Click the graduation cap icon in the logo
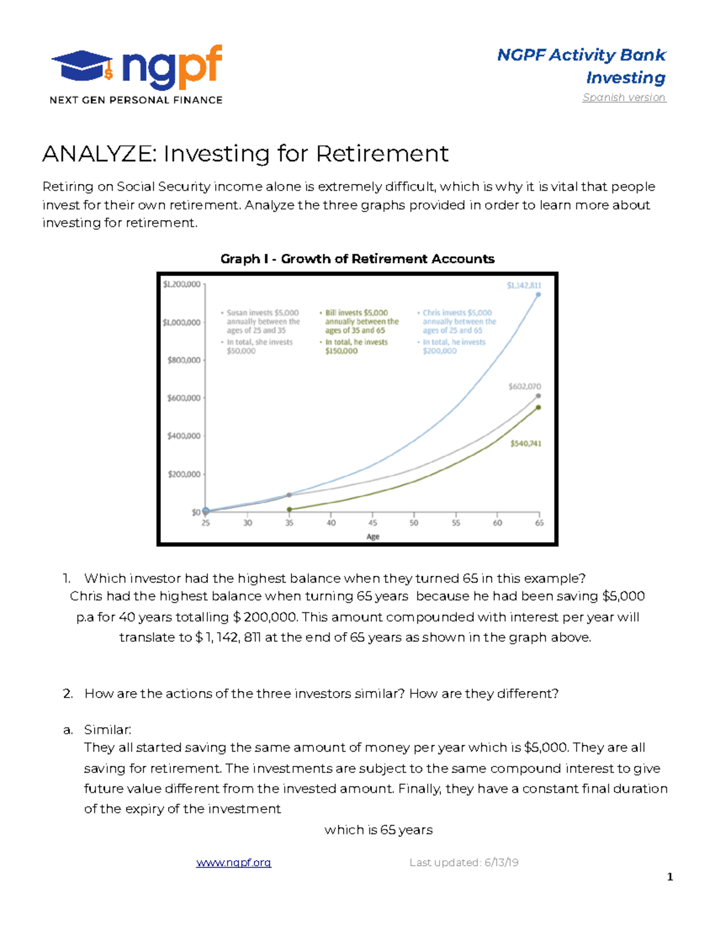click(82, 66)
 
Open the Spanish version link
click(624, 97)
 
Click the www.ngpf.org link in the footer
click(234, 862)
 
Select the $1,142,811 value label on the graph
click(524, 285)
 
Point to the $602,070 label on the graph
click(524, 387)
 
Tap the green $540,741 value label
click(526, 444)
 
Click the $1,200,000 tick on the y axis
click(182, 285)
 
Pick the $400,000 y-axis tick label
click(184, 436)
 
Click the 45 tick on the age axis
click(372, 522)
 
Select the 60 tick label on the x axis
click(498, 522)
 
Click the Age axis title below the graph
click(373, 537)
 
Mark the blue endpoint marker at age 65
click(538, 294)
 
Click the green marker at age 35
click(290, 509)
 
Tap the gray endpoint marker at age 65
click(538, 395)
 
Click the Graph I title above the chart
click(357, 259)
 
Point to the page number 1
click(670, 877)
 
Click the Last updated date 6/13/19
click(501, 862)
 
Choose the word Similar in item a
click(107, 730)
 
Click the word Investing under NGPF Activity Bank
click(626, 77)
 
